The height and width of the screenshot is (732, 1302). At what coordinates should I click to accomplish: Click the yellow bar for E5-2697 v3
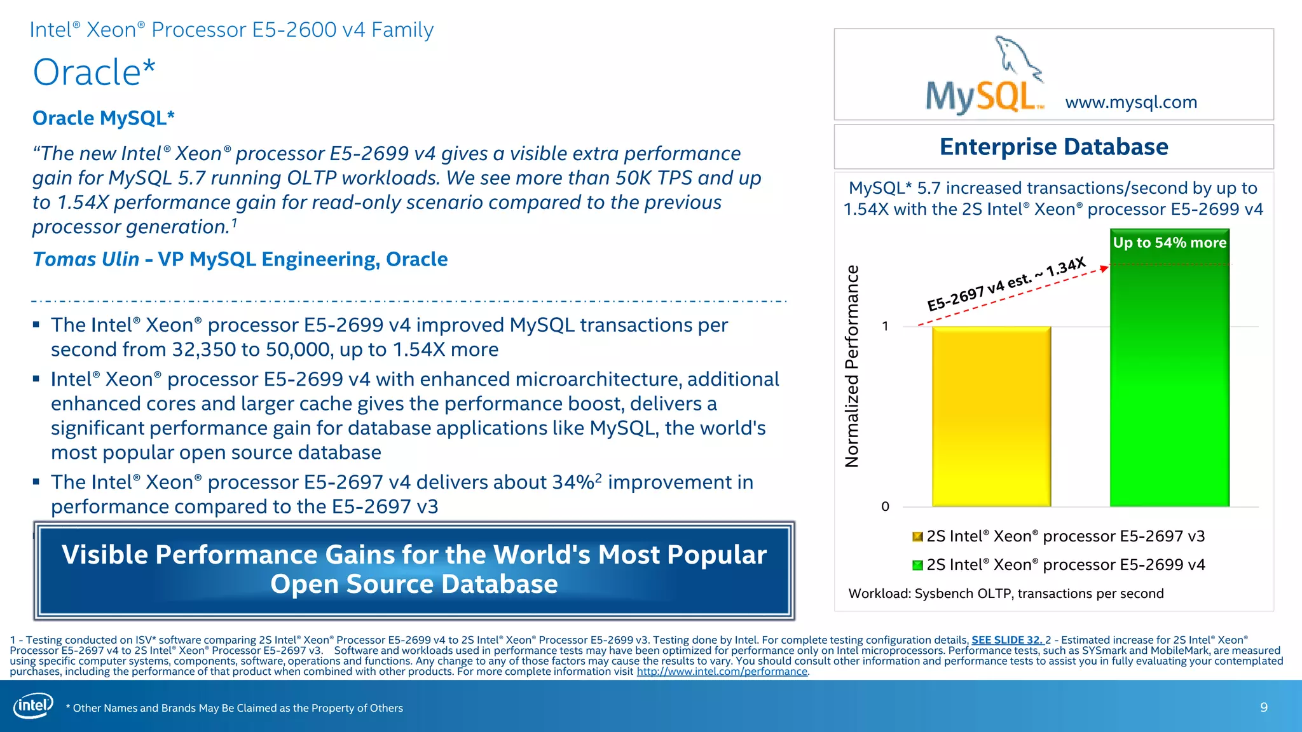pos(991,416)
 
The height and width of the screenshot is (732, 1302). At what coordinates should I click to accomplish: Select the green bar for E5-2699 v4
pos(1169,381)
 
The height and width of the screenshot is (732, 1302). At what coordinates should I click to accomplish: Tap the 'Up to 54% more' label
pos(1169,243)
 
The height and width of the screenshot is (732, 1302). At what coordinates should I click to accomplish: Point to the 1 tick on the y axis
pos(885,327)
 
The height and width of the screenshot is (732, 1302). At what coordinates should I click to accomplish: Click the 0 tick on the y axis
pos(885,506)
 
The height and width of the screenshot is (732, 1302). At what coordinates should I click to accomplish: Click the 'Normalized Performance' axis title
pos(852,367)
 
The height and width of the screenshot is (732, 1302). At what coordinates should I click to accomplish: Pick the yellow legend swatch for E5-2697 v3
pos(917,537)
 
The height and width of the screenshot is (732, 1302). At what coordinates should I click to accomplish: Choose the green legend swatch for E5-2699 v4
pos(917,566)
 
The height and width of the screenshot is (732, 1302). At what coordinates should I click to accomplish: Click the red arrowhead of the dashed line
pos(1104,269)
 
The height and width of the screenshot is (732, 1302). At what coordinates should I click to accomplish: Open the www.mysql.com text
pos(1131,102)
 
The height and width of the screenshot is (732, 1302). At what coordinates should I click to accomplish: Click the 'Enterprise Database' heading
pos(1053,147)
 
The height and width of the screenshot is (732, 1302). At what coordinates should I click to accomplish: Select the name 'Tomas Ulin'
pos(86,259)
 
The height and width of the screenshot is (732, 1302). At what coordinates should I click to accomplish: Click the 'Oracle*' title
pos(94,72)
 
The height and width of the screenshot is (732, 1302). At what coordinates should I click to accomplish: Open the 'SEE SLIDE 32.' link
pos(1006,640)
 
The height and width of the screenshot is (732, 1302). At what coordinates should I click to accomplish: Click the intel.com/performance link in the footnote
pos(722,672)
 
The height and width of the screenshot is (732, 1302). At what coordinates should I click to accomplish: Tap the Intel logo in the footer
pos(33,706)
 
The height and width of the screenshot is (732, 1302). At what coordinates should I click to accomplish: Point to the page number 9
pos(1264,707)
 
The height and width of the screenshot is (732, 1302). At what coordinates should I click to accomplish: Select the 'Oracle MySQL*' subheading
pos(103,118)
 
